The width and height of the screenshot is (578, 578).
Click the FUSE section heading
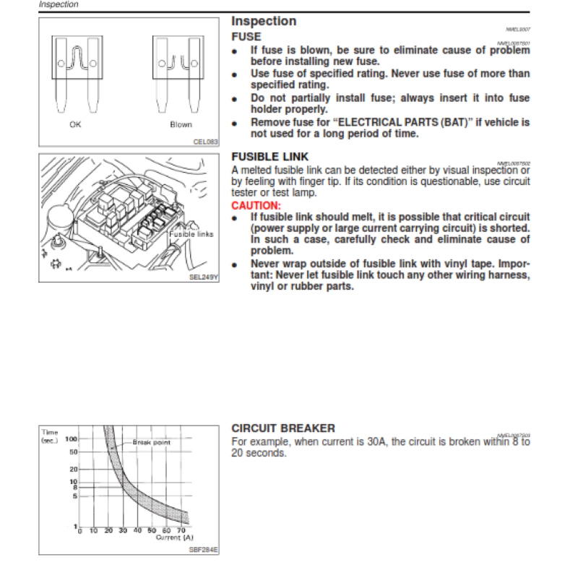click(246, 36)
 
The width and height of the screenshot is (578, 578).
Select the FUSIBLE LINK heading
click(269, 157)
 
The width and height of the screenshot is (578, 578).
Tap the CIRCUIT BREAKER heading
click(282, 428)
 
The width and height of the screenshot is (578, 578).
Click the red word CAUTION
click(255, 206)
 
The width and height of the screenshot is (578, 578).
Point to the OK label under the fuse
click(76, 124)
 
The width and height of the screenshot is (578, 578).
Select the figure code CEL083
click(205, 142)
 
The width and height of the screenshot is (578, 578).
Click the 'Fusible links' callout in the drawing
click(191, 234)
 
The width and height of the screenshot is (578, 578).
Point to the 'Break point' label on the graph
click(152, 441)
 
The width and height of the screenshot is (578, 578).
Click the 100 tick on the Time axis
click(72, 439)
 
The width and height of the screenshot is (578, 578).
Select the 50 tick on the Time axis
click(74, 452)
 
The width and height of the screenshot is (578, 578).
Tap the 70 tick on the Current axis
click(180, 531)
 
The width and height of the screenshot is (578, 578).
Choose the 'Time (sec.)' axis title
click(51, 436)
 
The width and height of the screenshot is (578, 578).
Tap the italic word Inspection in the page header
click(59, 4)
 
